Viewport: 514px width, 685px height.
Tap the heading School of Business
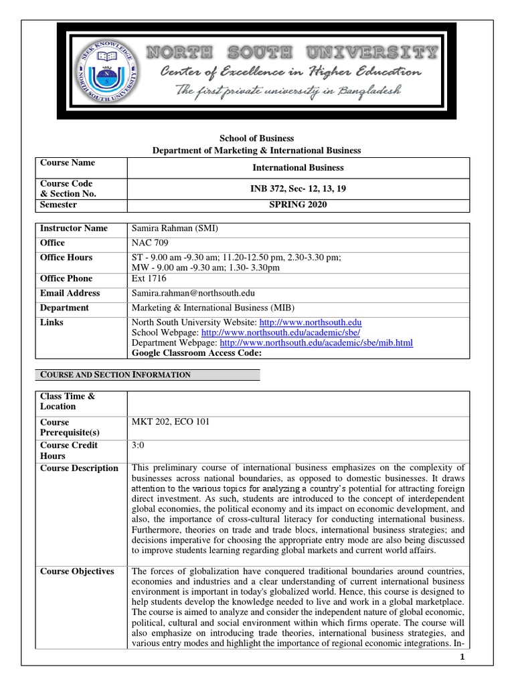pos(257,138)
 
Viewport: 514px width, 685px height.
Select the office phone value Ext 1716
pos(149,278)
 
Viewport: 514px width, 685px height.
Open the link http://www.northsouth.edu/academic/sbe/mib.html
pos(307,342)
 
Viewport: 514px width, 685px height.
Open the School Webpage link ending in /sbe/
pos(281,332)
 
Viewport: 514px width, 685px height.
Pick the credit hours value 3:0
pos(139,445)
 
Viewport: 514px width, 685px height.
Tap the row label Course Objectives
pos(77,571)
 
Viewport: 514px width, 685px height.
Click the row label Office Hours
pos(66,258)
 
